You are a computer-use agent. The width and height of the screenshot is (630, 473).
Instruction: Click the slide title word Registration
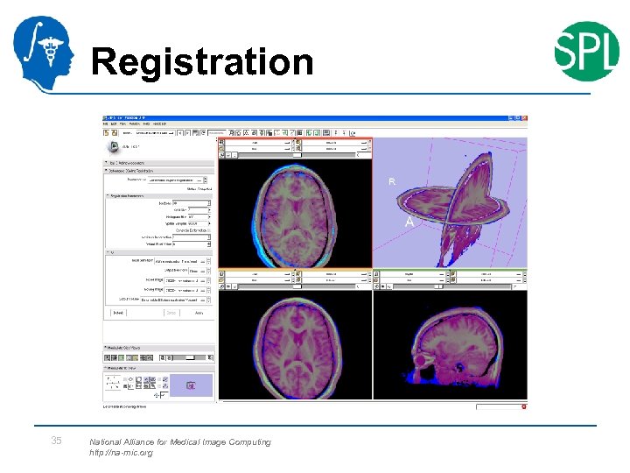202,62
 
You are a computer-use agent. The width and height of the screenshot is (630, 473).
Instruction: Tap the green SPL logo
586,50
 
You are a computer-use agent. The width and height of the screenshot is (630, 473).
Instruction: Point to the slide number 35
56,441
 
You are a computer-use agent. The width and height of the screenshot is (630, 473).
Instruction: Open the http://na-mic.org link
121,454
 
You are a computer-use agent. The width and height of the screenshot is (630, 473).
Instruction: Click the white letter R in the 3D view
392,182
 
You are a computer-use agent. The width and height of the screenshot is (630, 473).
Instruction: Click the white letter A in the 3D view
409,222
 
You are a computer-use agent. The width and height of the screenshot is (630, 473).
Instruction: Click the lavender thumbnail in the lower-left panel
191,383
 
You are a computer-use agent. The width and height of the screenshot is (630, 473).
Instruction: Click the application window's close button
527,118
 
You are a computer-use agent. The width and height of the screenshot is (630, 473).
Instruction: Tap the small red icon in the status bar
523,406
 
